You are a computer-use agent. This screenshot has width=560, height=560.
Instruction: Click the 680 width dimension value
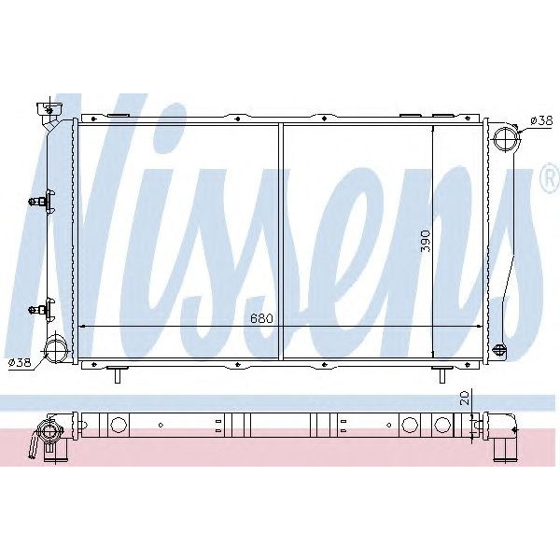(261, 318)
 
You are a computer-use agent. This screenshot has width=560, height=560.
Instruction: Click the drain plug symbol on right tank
(499, 350)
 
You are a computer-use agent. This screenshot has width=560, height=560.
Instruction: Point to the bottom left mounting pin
(116, 375)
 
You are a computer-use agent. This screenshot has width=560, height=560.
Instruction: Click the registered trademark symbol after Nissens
(550, 180)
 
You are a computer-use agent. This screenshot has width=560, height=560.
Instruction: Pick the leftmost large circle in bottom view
(119, 426)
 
